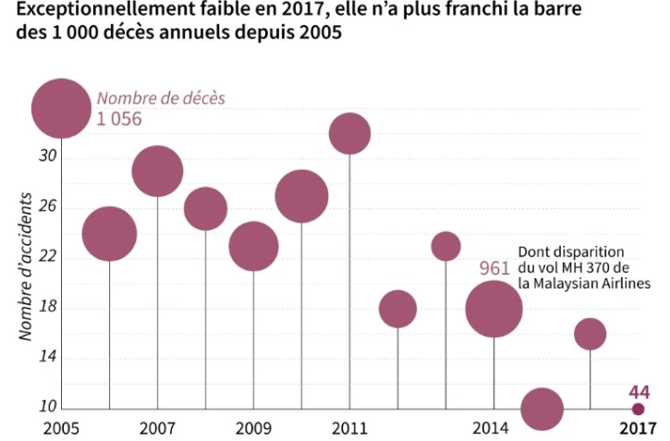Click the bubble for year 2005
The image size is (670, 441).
[61, 108]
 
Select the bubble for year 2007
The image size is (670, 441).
[157, 171]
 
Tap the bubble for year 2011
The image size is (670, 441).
[349, 134]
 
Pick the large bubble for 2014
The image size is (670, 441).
[494, 309]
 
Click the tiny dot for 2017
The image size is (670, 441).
[638, 409]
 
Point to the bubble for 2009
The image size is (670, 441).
[253, 246]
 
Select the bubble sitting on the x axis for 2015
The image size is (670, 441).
[542, 409]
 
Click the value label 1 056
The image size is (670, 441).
[121, 118]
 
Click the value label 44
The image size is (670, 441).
[639, 391]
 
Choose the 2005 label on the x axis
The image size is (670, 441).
[60, 428]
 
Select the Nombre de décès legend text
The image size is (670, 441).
[161, 98]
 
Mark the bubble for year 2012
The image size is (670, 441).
[397, 309]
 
